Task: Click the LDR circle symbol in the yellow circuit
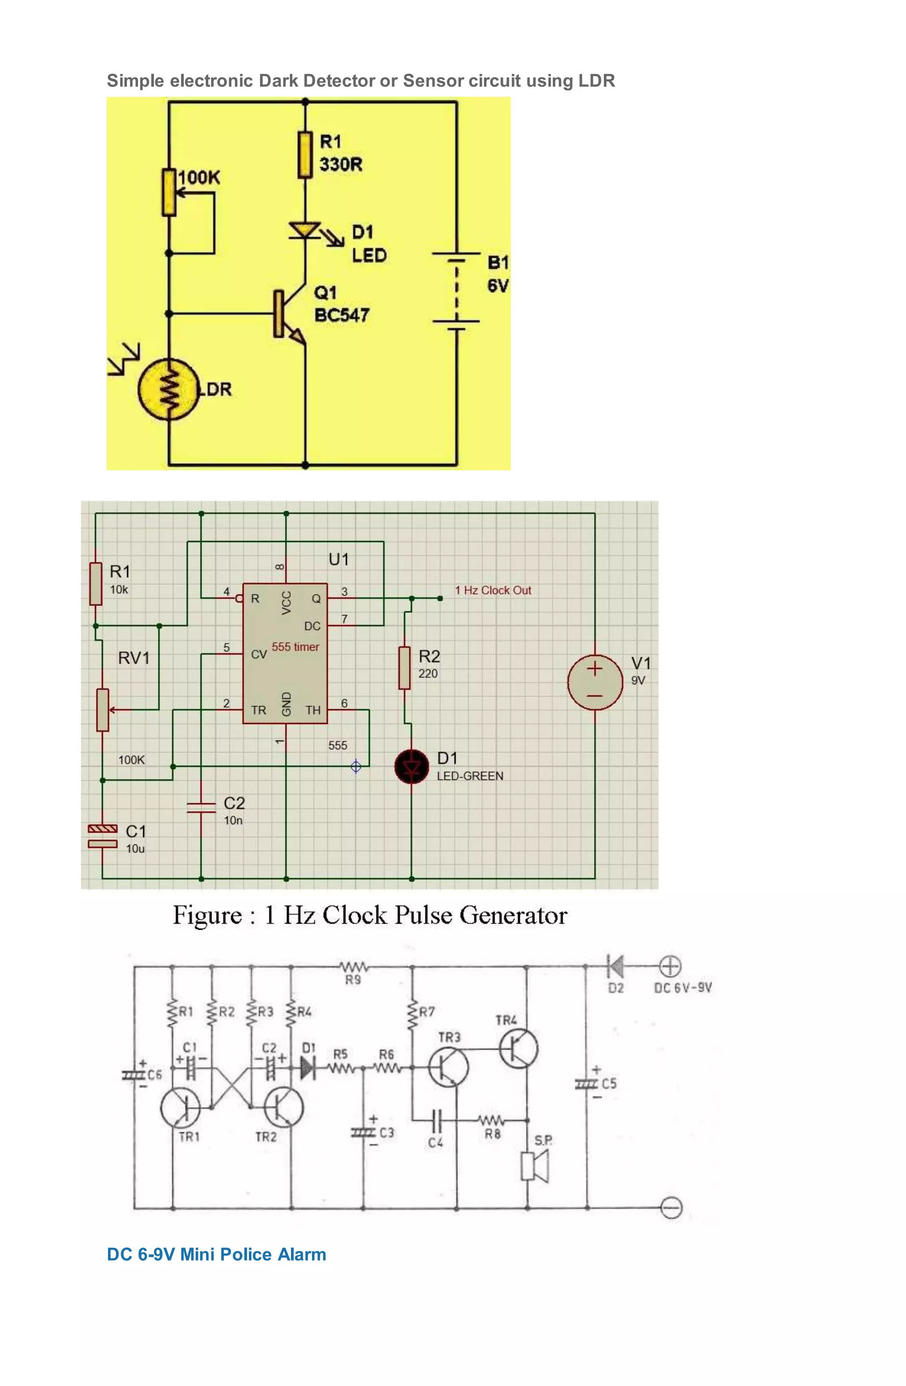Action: click(x=168, y=390)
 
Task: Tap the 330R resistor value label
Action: click(x=341, y=164)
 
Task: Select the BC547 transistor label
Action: click(x=342, y=315)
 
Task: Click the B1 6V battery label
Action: click(x=498, y=274)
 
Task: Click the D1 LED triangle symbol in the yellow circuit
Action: click(x=304, y=231)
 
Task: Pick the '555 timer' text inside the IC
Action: click(x=295, y=647)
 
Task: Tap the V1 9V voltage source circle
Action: click(x=595, y=682)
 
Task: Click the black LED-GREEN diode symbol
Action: click(x=412, y=767)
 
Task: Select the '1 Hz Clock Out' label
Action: click(x=493, y=590)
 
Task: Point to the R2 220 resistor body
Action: click(x=404, y=667)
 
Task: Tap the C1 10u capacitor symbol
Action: click(x=103, y=835)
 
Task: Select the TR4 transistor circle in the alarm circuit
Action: click(x=518, y=1049)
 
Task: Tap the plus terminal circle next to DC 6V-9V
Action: click(x=670, y=967)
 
